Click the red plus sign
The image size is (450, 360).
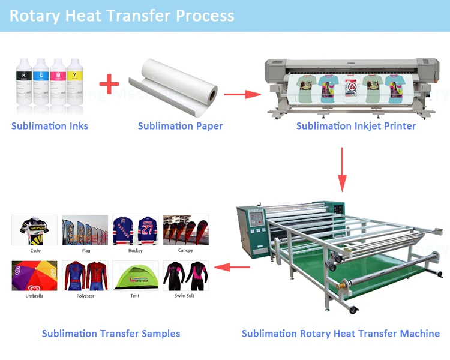tap(109, 84)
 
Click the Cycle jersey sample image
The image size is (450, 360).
tap(35, 230)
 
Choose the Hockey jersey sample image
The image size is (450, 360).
tap(136, 230)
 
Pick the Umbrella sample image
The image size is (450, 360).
tap(35, 275)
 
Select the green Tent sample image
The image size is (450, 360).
tap(136, 275)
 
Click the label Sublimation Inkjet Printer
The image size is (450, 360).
tap(356, 126)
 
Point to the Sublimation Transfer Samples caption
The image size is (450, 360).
tap(111, 334)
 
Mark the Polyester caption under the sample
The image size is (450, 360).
tap(85, 296)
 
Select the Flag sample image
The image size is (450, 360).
tap(85, 230)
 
